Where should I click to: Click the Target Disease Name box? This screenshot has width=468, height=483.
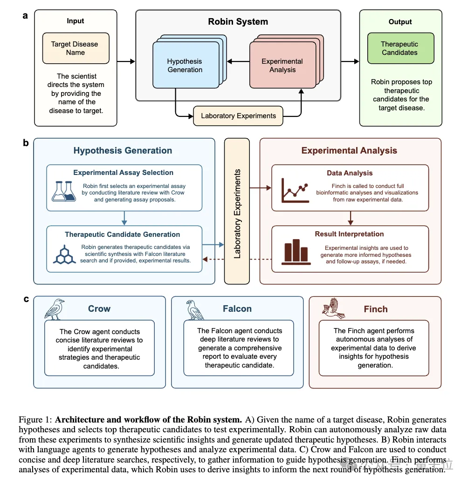[x=76, y=48]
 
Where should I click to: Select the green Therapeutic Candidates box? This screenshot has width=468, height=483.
[x=399, y=48]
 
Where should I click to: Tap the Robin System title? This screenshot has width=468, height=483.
[x=238, y=21]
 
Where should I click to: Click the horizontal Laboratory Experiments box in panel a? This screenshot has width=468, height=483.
[x=238, y=116]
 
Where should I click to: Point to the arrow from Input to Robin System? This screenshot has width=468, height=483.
[x=126, y=61]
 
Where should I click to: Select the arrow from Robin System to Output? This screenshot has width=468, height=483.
[x=350, y=61]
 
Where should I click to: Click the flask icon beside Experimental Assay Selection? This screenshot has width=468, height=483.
[x=64, y=191]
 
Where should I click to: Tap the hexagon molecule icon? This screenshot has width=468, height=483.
[x=64, y=254]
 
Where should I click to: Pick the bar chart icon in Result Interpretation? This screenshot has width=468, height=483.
[x=295, y=252]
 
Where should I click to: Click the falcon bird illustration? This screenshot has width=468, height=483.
[x=195, y=309]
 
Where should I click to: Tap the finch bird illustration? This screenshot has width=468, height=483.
[x=334, y=309]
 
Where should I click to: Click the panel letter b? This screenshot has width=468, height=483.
[x=26, y=143]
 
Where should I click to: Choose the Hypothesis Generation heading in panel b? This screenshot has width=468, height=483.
[x=123, y=150]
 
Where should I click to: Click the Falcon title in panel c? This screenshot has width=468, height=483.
[x=237, y=309]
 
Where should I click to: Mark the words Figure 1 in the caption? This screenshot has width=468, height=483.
[x=35, y=420]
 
